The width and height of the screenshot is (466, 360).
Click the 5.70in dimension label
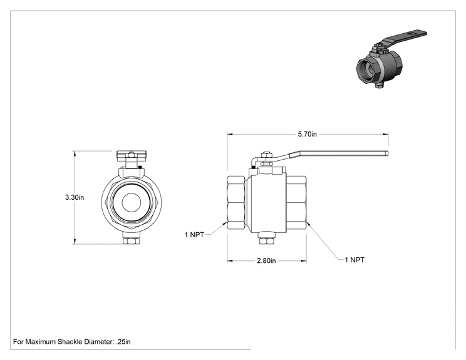coord(308,134)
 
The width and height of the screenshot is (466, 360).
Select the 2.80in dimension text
coord(266,261)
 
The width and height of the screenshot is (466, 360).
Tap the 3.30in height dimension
coord(75,197)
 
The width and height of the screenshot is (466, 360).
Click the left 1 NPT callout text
coord(194,235)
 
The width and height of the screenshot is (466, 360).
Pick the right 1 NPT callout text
coord(355,260)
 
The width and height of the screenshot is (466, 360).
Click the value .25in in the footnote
coord(123,342)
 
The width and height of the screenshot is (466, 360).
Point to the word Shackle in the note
coord(70,342)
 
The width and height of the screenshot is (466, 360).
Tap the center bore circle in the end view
coord(131,203)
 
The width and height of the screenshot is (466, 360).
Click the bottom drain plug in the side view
coord(267,239)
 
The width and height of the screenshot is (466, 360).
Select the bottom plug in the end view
coord(131,239)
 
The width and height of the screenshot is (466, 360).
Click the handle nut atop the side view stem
coord(266,154)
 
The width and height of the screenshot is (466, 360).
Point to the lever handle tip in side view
coord(387,153)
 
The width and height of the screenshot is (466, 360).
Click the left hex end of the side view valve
coord(236,203)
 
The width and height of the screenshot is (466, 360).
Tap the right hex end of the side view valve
coord(296,203)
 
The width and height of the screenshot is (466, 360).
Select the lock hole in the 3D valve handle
coord(411,34)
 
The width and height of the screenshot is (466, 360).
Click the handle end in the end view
coord(131,154)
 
